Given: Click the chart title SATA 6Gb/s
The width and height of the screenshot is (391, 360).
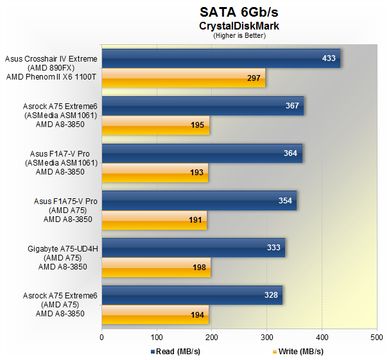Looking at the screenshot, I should pyautogui.click(x=238, y=12).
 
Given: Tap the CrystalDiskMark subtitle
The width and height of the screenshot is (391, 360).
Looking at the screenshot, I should pyautogui.click(x=238, y=26).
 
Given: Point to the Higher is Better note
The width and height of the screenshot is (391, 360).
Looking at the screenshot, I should pyautogui.click(x=239, y=36).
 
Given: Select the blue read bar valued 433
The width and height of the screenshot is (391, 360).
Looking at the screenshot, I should pyautogui.click(x=221, y=58).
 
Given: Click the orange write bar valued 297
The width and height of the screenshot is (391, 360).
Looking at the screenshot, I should pyautogui.click(x=184, y=78).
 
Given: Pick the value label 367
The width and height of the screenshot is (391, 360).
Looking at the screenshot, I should pyautogui.click(x=292, y=106).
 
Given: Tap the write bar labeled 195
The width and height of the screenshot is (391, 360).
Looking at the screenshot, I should pyautogui.click(x=155, y=125).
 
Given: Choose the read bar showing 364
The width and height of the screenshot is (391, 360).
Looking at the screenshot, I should pyautogui.click(x=202, y=153).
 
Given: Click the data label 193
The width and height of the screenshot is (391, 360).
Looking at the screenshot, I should pyautogui.click(x=197, y=173).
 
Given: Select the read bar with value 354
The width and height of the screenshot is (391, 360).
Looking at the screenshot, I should pyautogui.click(x=199, y=201).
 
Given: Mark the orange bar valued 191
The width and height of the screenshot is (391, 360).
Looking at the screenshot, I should pyautogui.click(x=154, y=220).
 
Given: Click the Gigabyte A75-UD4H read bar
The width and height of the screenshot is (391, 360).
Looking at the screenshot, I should pyautogui.click(x=193, y=248).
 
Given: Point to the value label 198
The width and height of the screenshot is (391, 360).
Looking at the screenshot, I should pyautogui.click(x=199, y=267).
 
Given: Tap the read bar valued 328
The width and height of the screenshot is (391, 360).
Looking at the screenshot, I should pyautogui.click(x=192, y=295).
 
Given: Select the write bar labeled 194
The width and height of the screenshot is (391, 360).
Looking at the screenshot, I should pyautogui.click(x=155, y=314).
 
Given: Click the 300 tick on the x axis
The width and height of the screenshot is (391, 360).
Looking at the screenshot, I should pyautogui.click(x=267, y=335).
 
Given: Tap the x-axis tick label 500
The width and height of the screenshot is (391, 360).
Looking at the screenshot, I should pyautogui.click(x=377, y=335).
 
